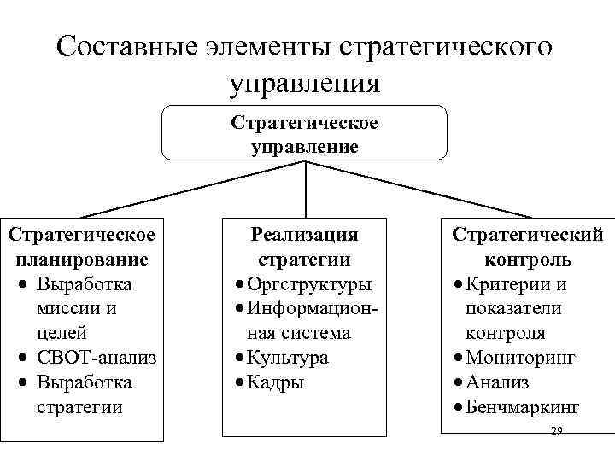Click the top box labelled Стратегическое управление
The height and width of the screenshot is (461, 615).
coord(304,134)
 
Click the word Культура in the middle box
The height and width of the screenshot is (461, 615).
coord(289,358)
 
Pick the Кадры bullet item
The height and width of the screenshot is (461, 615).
coord(277,382)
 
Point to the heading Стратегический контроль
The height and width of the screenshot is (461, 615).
coord(527,246)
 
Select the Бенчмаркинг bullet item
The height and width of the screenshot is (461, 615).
coord(523,407)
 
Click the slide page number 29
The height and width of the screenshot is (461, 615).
coord(557,430)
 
